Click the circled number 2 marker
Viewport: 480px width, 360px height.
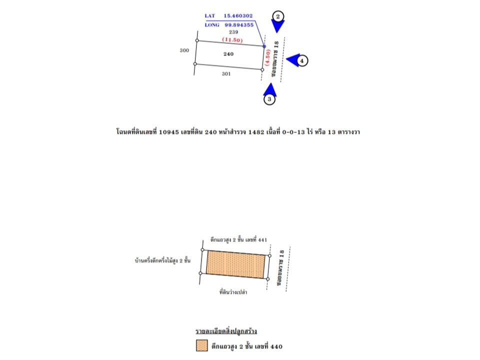click(278, 15)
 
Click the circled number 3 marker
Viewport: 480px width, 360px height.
click(269, 99)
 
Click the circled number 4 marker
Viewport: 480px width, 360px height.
click(301, 60)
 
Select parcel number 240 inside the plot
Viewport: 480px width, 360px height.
click(228, 53)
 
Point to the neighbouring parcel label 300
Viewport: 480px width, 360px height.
click(184, 50)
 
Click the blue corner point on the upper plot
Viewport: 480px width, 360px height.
click(264, 46)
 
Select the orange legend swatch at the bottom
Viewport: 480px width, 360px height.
click(201, 346)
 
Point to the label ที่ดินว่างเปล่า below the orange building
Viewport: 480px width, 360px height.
click(234, 291)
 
